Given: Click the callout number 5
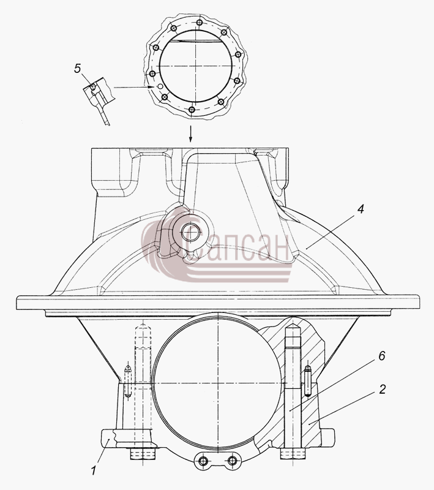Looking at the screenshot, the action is click(77, 68).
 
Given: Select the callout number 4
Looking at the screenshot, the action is click(361, 209).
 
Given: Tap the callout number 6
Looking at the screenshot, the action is click(382, 356).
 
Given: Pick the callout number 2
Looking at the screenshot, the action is click(382, 389).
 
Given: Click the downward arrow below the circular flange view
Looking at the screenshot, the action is click(190, 134).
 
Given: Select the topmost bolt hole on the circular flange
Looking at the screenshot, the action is click(199, 23).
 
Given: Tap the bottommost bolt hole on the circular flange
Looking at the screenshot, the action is click(192, 110).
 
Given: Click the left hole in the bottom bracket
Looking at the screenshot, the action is click(204, 461).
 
